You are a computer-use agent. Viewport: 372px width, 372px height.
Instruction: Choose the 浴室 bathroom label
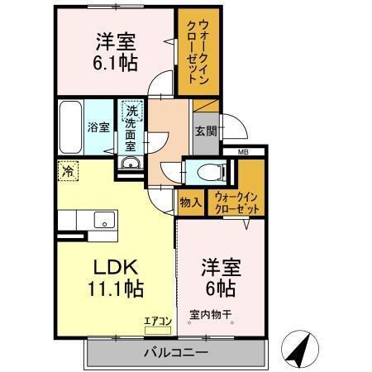98,127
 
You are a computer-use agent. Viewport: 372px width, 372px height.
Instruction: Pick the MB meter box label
244,152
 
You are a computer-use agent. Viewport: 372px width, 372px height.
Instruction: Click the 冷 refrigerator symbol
66,173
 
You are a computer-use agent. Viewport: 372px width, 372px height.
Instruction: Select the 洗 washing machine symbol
131,109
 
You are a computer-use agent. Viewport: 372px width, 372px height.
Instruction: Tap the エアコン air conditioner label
158,320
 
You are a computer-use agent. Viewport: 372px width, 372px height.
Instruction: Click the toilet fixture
211,174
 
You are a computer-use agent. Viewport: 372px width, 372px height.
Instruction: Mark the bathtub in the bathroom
70,126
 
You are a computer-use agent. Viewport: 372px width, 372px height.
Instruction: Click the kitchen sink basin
104,220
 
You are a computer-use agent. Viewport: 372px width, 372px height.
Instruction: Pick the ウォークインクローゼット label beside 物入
236,203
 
